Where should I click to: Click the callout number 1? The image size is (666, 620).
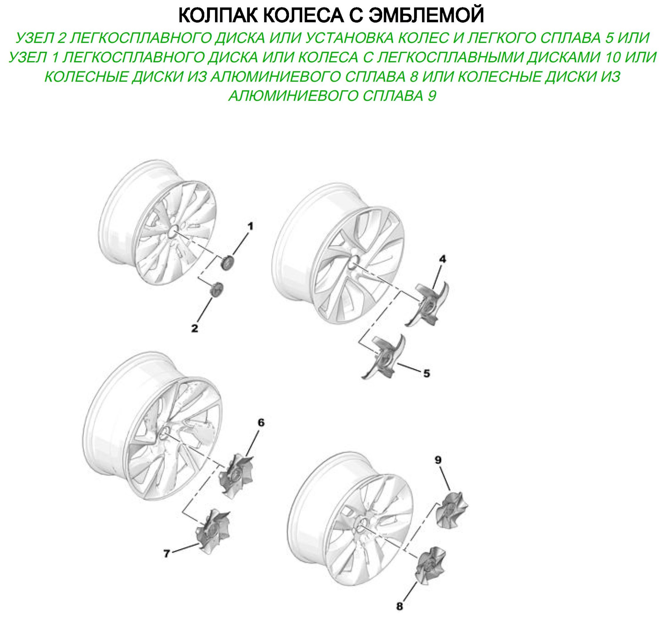tap(250, 226)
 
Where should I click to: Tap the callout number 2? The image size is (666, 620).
tap(195, 328)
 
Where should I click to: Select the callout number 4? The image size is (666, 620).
tap(442, 259)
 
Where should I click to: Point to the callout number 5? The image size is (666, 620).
tap(426, 373)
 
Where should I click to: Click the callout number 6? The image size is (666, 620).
tap(261, 422)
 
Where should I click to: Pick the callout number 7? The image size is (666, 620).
tap(166, 554)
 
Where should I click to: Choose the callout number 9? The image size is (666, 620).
tap(438, 460)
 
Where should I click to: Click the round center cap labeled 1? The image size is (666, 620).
tap(228, 262)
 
